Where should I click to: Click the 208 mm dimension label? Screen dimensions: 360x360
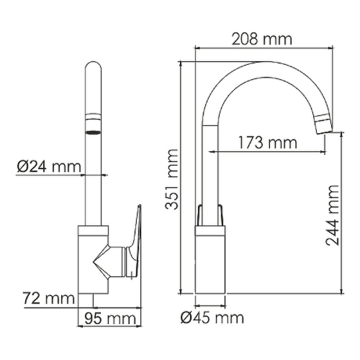pyautogui.click(x=262, y=39)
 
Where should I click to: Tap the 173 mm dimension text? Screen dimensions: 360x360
pyautogui.click(x=268, y=142)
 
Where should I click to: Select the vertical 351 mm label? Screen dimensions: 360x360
pyautogui.click(x=172, y=179)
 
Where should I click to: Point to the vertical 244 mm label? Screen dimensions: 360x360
pyautogui.click(x=332, y=215)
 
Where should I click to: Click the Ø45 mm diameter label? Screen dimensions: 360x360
pyautogui.click(x=212, y=318)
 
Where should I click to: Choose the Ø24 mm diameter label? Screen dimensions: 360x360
pyautogui.click(x=49, y=167)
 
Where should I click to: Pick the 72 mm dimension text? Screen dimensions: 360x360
pyautogui.click(x=49, y=298)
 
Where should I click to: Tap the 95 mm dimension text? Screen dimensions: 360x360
pyautogui.click(x=110, y=318)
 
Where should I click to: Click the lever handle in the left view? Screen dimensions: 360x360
pyautogui.click(x=134, y=241)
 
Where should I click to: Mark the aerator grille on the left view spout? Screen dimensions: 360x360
pyautogui.click(x=93, y=132)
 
